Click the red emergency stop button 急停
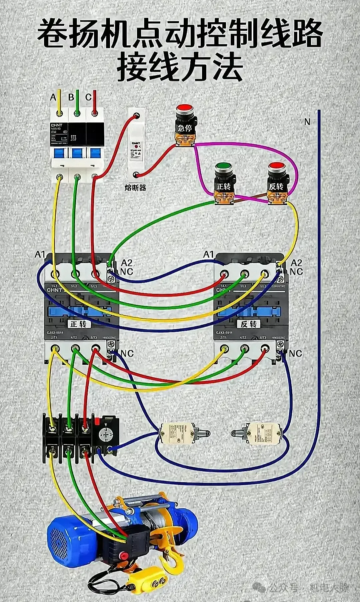(x=185, y=109)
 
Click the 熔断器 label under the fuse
(x=135, y=188)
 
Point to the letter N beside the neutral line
(x=307, y=122)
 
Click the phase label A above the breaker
(x=53, y=97)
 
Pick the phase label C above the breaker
(x=88, y=97)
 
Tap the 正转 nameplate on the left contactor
(x=79, y=324)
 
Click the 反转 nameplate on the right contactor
(x=249, y=324)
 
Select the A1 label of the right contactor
(x=208, y=255)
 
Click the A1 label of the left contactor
(x=40, y=255)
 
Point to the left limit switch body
(x=177, y=433)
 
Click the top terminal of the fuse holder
(x=136, y=116)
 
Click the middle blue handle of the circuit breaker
(x=77, y=153)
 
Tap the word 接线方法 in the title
(x=180, y=68)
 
